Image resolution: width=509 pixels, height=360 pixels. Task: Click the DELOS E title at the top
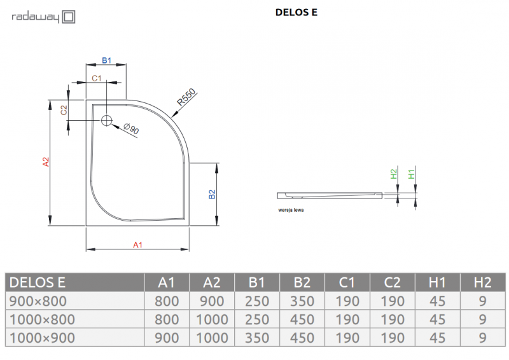coord(296,11)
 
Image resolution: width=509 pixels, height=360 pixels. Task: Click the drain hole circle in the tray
coord(106,120)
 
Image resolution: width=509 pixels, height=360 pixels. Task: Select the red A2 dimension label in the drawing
coord(45,162)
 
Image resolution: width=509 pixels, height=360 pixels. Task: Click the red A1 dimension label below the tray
coord(137,244)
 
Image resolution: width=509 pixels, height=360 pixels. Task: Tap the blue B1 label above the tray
coord(107,60)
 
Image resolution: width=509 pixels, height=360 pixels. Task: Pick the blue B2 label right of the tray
coord(212,195)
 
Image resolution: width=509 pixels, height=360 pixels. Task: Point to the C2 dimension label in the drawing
coord(64,110)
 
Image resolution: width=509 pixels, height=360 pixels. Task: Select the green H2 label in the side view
coord(393,174)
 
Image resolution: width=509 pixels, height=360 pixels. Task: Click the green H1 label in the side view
coord(411,174)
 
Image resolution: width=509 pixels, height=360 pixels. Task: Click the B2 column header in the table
coord(302,282)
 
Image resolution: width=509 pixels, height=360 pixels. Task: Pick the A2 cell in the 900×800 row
coord(212,301)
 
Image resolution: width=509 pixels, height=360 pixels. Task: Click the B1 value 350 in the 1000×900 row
coord(257,338)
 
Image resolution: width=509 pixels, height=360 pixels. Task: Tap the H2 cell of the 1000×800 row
coord(482,319)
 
